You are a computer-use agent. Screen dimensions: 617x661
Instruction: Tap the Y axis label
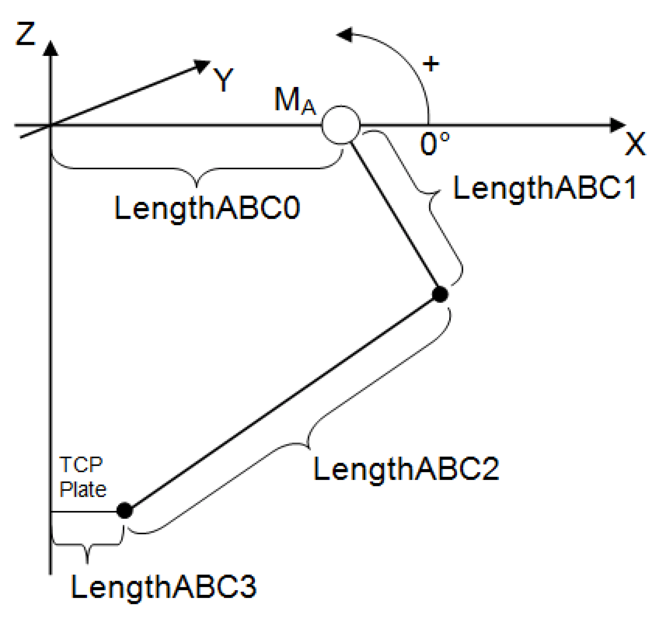(223, 79)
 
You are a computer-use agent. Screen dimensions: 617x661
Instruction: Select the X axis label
(635, 144)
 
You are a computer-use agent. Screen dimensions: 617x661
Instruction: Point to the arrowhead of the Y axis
(202, 65)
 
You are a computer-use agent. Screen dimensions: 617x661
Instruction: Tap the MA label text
(295, 101)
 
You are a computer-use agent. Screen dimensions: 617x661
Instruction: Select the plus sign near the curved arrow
(431, 64)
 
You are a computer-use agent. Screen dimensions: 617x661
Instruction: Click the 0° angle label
(434, 144)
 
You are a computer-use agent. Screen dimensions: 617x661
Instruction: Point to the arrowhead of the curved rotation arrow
(345, 35)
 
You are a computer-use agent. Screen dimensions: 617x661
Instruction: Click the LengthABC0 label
(207, 208)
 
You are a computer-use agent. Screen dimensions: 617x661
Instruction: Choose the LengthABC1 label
(545, 188)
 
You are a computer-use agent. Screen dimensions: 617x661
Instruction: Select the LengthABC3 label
(163, 587)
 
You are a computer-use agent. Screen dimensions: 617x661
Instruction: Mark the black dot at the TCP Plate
(125, 510)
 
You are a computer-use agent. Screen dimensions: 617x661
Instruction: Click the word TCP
(81, 464)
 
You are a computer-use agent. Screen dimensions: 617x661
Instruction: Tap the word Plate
(83, 489)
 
